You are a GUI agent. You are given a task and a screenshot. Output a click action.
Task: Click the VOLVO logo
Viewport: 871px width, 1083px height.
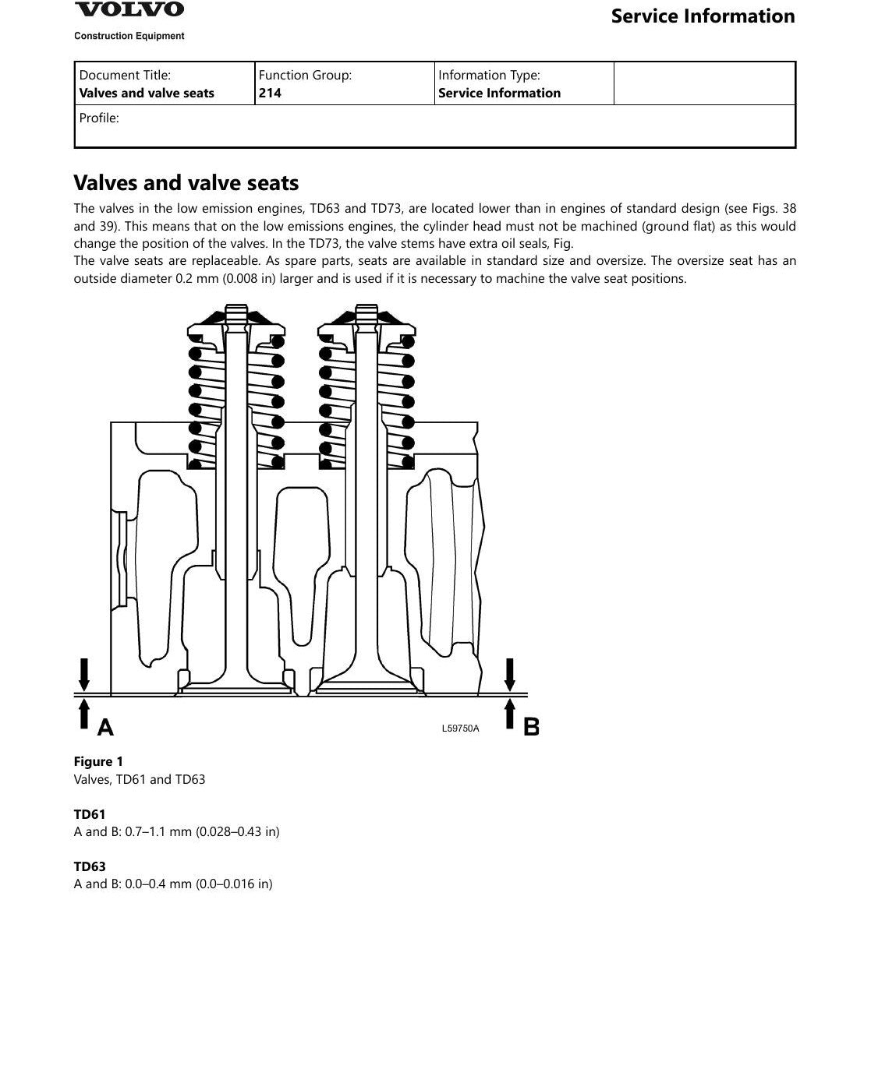pos(129,9)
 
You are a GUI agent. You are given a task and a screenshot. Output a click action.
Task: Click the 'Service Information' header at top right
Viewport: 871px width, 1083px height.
pos(703,16)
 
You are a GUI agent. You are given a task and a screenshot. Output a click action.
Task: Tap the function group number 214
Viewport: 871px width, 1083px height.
pos(270,93)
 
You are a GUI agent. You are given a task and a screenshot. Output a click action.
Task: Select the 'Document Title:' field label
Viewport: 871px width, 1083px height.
pos(125,75)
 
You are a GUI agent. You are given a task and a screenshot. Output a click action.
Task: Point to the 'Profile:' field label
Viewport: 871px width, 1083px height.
pos(99,118)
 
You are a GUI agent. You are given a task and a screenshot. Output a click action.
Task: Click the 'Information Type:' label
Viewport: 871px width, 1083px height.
pos(489,75)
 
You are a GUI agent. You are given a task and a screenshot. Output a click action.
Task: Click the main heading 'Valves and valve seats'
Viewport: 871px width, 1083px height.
pos(186,182)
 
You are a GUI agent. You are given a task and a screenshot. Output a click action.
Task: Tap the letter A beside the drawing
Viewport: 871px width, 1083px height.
pos(105,727)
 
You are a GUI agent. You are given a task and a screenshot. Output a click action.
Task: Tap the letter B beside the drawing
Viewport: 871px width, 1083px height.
pos(531,727)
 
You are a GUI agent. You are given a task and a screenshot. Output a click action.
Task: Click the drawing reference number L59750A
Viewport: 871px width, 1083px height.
pos(460,728)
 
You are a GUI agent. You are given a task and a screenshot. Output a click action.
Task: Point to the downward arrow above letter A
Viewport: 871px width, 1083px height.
pos(84,675)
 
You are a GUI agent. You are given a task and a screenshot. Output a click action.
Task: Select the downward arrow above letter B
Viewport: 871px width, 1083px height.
pos(510,675)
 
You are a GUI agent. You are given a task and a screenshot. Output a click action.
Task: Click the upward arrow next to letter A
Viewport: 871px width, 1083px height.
pos(84,714)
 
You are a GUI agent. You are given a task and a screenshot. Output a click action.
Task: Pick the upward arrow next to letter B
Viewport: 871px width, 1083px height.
pos(510,714)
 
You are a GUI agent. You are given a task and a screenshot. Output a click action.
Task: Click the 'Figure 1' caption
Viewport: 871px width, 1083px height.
pos(98,761)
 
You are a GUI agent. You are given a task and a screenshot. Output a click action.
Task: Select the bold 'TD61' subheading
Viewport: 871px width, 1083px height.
pos(90,814)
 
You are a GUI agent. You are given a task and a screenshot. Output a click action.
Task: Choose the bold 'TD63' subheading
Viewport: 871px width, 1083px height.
pos(90,866)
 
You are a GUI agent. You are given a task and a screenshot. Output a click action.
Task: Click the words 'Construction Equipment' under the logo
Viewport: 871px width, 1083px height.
pos(129,36)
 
